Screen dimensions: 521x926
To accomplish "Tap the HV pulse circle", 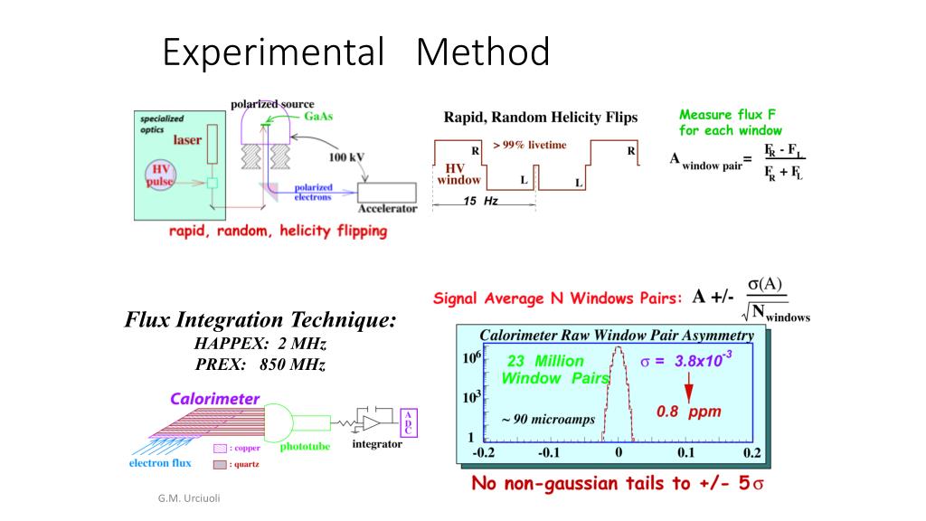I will (x=160, y=175).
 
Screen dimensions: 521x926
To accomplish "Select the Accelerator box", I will (x=388, y=194).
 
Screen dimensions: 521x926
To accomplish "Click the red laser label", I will (x=187, y=140).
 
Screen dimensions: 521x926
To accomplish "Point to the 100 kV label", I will (x=346, y=156).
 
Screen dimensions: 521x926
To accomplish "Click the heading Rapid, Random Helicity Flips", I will (x=540, y=118).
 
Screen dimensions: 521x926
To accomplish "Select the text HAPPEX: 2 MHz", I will (x=260, y=344).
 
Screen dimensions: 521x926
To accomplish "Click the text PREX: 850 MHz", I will (x=260, y=365).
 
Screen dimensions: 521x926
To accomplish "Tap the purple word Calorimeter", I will (x=215, y=399).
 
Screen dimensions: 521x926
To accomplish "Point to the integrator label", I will (x=377, y=445).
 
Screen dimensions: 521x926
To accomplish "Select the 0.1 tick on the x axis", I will (x=685, y=451).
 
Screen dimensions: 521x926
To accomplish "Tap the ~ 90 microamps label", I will (x=541, y=421).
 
